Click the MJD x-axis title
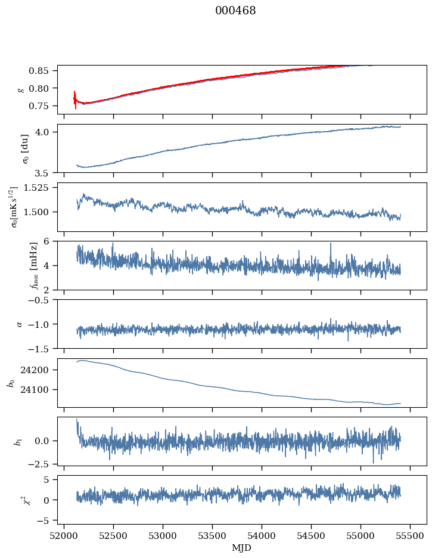(242, 547)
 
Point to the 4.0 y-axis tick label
(47, 132)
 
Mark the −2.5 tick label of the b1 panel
(42, 463)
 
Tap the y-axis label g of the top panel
(22, 89)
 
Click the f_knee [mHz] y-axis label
(16, 265)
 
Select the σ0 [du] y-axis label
(25, 148)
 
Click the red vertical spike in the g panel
(75, 100)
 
